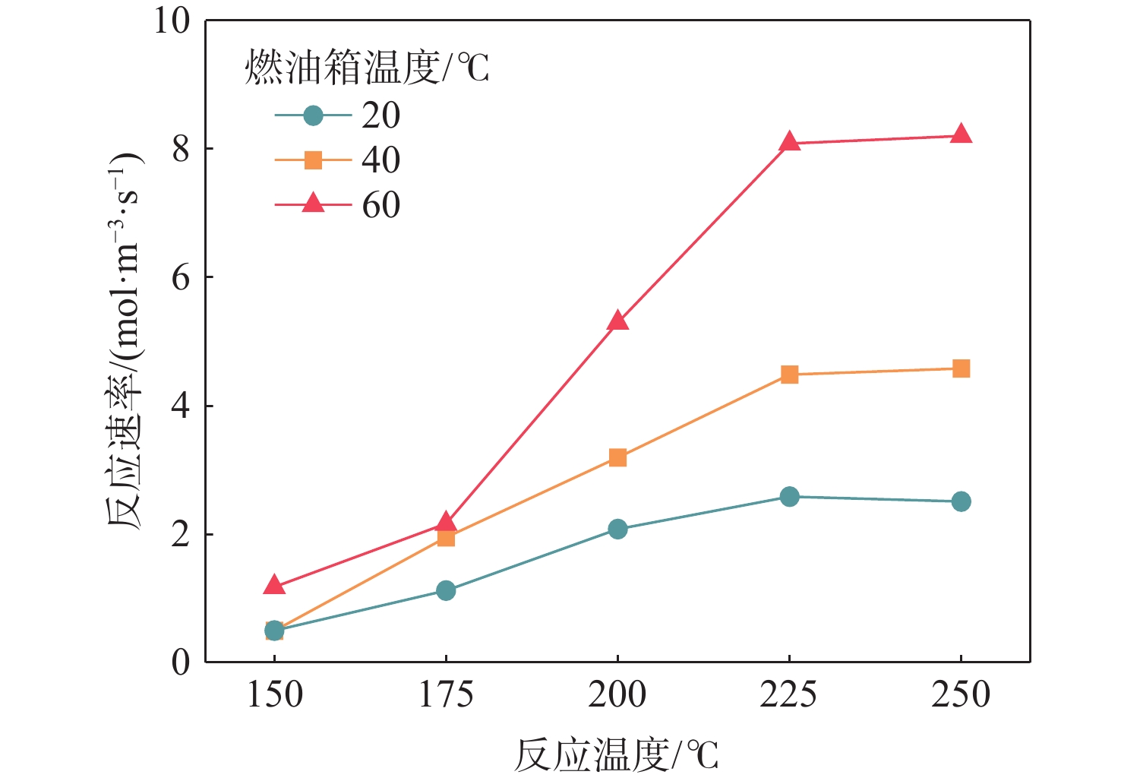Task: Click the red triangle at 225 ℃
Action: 789,142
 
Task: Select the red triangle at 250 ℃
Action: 961,134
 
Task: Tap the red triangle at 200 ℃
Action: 617,321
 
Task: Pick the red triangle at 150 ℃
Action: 274,585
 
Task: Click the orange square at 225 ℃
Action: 789,375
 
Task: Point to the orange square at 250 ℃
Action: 961,368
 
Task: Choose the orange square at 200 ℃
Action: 617,457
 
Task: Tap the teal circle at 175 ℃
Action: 446,590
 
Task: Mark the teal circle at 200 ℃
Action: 617,529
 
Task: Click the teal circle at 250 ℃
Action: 961,501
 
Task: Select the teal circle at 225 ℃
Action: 789,497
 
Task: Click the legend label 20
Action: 381,115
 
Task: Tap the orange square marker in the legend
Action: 313,160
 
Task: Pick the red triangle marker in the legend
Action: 313,204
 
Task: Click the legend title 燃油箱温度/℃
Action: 367,68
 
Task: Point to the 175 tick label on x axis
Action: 446,694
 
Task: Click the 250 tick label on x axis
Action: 961,694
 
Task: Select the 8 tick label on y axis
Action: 181,149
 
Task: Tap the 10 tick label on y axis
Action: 172,21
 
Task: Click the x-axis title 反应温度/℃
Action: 616,755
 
